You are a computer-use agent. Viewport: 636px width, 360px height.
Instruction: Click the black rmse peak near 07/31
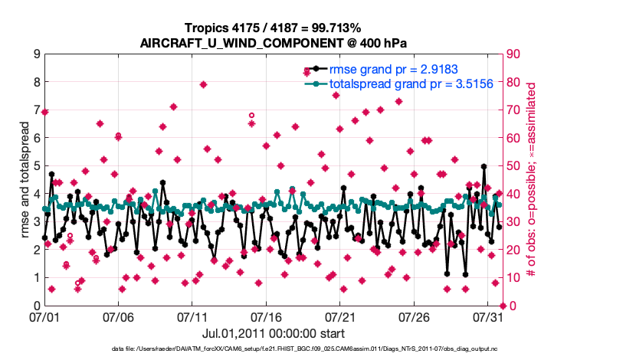click(x=484, y=166)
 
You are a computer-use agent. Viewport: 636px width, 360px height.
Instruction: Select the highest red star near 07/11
click(x=203, y=84)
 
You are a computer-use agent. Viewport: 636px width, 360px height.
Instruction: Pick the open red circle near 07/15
click(x=251, y=116)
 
